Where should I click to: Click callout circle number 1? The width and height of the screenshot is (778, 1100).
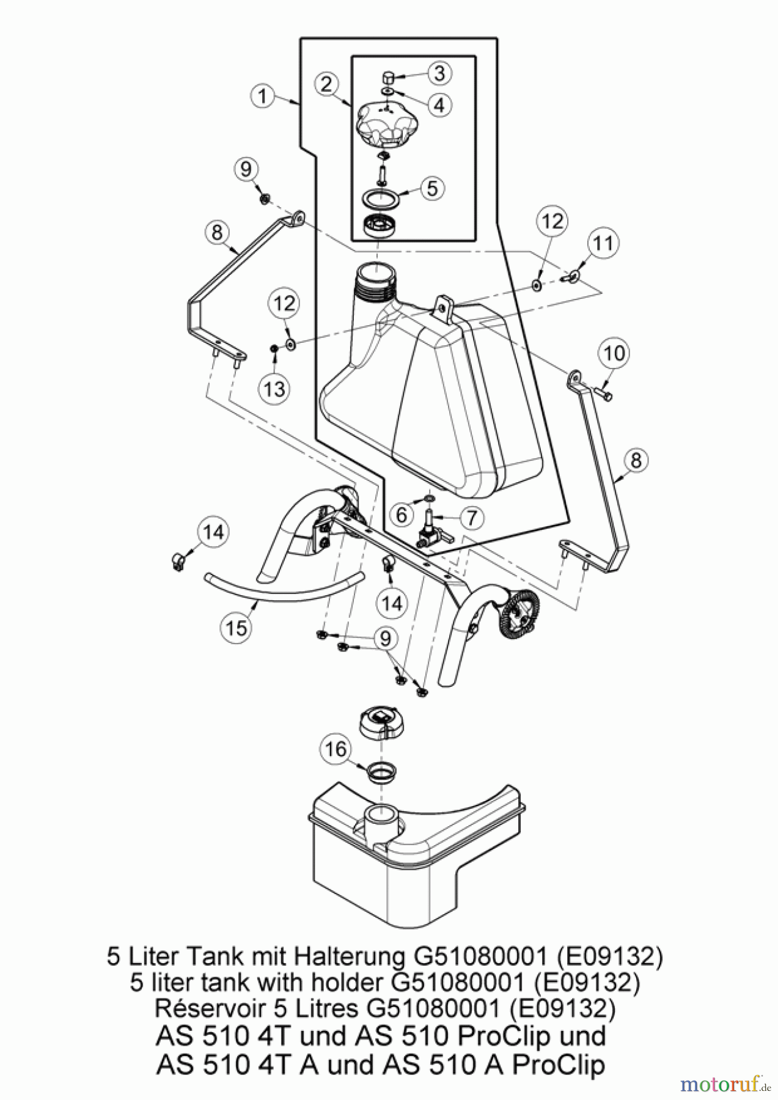(x=263, y=97)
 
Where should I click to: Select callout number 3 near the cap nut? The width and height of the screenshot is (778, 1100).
(x=439, y=73)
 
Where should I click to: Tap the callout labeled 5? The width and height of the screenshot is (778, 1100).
(x=432, y=188)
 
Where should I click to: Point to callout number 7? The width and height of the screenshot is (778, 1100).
(x=471, y=518)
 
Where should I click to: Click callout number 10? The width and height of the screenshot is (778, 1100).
(x=614, y=353)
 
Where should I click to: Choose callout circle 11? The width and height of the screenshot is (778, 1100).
(x=603, y=243)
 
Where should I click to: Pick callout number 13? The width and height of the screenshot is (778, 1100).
(x=275, y=387)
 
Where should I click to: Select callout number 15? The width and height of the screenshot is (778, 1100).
(x=237, y=628)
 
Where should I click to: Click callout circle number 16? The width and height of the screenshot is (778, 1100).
(x=336, y=749)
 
